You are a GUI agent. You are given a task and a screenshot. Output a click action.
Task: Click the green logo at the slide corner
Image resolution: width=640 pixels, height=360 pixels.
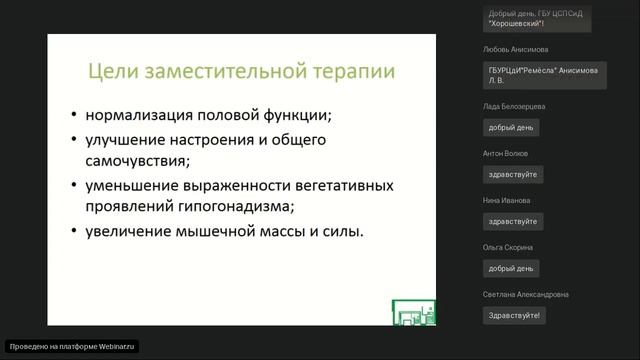pyautogui.click(x=412, y=311)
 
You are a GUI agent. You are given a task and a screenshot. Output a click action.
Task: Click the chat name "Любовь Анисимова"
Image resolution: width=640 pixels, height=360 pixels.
pyautogui.click(x=515, y=49)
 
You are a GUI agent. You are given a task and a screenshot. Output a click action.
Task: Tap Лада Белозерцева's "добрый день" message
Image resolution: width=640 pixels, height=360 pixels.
pyautogui.click(x=512, y=127)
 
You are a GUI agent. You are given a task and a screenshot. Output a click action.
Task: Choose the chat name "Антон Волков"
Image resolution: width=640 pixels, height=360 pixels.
pyautogui.click(x=504, y=153)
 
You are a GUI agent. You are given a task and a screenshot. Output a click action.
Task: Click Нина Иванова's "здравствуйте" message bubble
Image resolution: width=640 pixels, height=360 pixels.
pyautogui.click(x=512, y=221)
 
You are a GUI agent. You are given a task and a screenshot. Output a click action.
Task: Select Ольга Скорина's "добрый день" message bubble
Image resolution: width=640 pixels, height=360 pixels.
pyautogui.click(x=512, y=268)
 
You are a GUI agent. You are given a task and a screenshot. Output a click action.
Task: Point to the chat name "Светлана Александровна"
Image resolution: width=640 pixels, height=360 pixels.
pyautogui.click(x=525, y=294)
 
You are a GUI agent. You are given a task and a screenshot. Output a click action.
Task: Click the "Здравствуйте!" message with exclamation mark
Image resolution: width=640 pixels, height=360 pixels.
pyautogui.click(x=514, y=315)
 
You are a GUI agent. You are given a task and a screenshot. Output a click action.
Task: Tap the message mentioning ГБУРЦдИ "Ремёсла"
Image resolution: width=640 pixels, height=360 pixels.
pyautogui.click(x=542, y=75)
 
